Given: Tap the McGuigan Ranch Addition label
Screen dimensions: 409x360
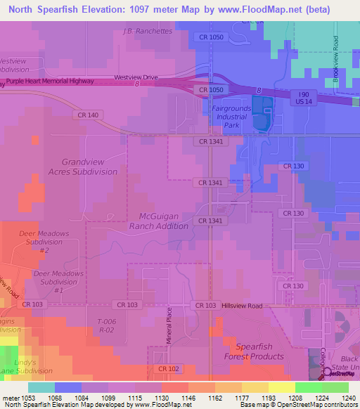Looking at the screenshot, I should (159, 221).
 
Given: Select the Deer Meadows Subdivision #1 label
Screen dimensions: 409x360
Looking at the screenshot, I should (58, 281).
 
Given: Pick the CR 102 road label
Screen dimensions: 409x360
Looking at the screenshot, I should (168, 368).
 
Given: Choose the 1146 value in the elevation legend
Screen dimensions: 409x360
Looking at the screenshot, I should (188, 398).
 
